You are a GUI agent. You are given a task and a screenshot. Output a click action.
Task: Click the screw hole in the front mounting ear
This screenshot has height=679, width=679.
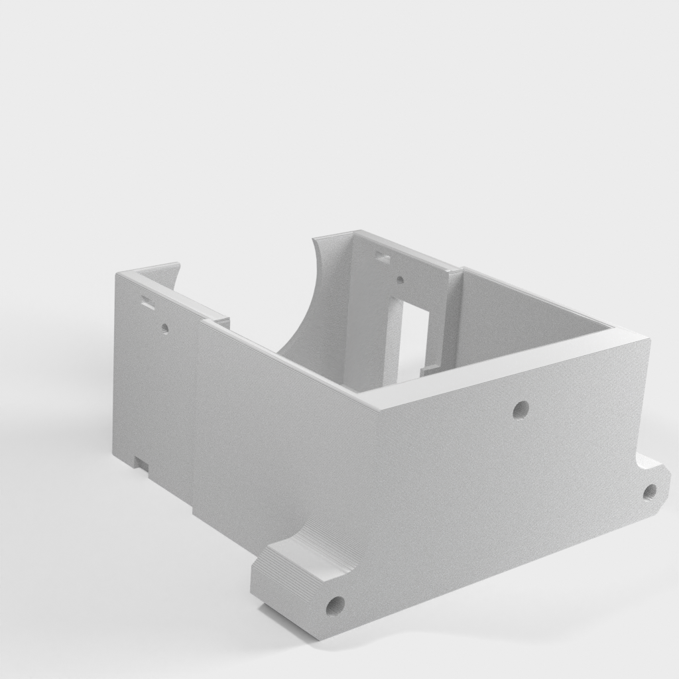coord(336,604)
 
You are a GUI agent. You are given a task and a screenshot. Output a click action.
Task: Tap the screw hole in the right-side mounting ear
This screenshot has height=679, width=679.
coord(650,491)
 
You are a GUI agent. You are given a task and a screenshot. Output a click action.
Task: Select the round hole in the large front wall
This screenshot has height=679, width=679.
coord(521,409)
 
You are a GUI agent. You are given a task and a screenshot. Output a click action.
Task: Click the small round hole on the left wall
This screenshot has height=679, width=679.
coord(164,328)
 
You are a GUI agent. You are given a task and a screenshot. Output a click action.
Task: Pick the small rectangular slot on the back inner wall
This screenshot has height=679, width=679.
coord(382,256)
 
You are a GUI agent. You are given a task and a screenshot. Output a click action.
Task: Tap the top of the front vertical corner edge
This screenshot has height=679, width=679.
coord(376,406)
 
